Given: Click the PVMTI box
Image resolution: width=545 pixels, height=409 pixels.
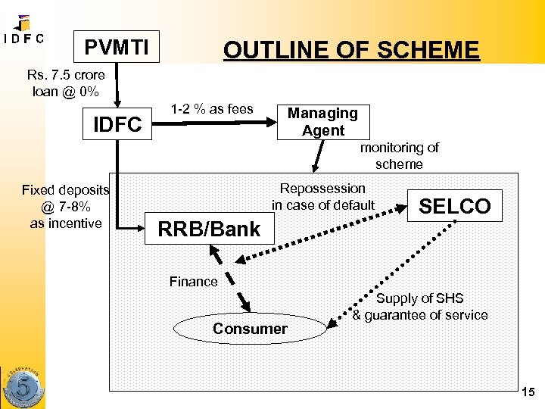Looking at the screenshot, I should (x=117, y=48).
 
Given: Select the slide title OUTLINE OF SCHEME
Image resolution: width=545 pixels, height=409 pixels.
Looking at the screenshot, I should (x=351, y=50).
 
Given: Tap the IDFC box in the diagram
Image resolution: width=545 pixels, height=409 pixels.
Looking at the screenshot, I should (x=117, y=125).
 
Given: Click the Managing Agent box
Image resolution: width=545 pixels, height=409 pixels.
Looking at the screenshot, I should (x=323, y=122).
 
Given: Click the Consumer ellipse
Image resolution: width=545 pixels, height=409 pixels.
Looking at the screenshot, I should (x=250, y=329).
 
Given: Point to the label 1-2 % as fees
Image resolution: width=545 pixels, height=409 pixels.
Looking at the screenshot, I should (x=212, y=109).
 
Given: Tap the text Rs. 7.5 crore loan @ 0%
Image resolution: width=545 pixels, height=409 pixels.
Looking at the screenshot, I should (x=66, y=83).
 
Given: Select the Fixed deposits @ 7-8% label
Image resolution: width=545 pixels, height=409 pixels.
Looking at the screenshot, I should (x=65, y=207).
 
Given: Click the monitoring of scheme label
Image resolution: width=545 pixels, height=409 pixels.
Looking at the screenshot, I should (x=399, y=156).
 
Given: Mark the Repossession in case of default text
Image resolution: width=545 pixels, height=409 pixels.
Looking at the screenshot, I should (x=323, y=196).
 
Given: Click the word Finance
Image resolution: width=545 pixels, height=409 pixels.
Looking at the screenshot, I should (x=194, y=282).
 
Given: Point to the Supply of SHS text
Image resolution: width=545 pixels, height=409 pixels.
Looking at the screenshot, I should (x=420, y=307).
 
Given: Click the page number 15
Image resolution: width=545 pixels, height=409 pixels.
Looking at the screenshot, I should (x=528, y=392).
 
